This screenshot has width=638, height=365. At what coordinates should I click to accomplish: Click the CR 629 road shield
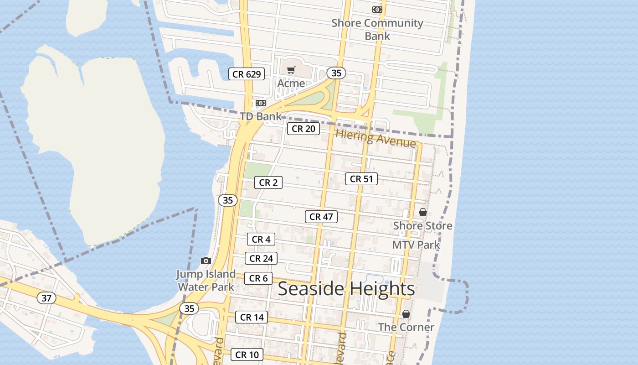(x=247, y=74)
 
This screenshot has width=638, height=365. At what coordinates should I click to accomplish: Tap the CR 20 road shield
(x=303, y=129)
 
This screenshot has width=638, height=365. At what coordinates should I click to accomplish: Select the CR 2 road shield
(x=268, y=182)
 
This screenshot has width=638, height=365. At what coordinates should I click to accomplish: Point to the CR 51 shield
(x=361, y=179)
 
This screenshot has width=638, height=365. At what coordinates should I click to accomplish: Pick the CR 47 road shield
(x=321, y=217)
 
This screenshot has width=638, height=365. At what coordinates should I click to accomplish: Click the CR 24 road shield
(x=261, y=258)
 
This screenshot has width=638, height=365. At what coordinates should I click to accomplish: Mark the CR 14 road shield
(x=252, y=317)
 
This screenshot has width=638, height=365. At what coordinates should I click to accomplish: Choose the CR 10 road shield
(x=247, y=355)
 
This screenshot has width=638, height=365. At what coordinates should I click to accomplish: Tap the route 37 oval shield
(x=46, y=298)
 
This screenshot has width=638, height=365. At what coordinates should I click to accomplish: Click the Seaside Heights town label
(x=346, y=289)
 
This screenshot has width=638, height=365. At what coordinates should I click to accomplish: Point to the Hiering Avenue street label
(x=376, y=138)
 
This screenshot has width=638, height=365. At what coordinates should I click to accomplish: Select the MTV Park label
(x=416, y=245)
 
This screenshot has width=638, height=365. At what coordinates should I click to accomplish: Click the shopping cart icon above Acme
(x=291, y=70)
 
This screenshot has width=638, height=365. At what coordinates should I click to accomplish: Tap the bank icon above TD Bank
(x=260, y=103)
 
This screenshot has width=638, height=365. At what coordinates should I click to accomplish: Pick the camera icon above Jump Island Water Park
(x=206, y=261)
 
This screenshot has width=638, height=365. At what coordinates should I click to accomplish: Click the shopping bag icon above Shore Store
(x=422, y=212)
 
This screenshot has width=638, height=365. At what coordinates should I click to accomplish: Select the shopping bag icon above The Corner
(x=406, y=314)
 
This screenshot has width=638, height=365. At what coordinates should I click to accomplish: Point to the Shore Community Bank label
(x=377, y=29)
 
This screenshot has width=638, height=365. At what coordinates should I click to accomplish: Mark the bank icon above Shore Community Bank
(x=377, y=9)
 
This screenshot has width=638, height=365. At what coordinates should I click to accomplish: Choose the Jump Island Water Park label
(x=206, y=280)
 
